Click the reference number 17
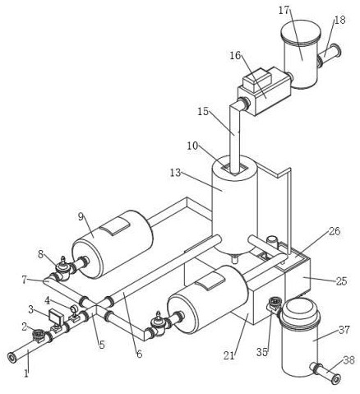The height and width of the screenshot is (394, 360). tap(284, 10)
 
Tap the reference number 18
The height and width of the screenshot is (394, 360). tap(339, 20)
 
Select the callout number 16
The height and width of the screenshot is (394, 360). tap(235, 55)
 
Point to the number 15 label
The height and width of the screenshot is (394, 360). tap(203, 112)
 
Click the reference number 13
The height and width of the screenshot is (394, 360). tap(176, 173)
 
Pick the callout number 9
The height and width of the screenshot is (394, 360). tap(81, 216)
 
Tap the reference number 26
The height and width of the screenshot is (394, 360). tap(335, 231)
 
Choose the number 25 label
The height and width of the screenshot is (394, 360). tap(342, 281)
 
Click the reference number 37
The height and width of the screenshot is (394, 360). tap(344, 330)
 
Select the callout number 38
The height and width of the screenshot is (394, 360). tap(348, 360)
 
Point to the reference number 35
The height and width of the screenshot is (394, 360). tap(262, 352)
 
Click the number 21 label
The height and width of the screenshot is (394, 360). tap(229, 355)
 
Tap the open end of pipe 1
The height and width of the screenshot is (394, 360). tap(12, 358)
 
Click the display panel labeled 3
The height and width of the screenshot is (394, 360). tap(56, 317)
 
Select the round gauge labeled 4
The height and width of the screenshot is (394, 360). tap(74, 308)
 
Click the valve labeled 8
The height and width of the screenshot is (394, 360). tap(63, 270)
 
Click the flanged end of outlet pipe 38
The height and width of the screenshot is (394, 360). tap(336, 379)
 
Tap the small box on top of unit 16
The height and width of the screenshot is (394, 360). tap(257, 80)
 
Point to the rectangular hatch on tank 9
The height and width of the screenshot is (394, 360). tap(115, 226)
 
